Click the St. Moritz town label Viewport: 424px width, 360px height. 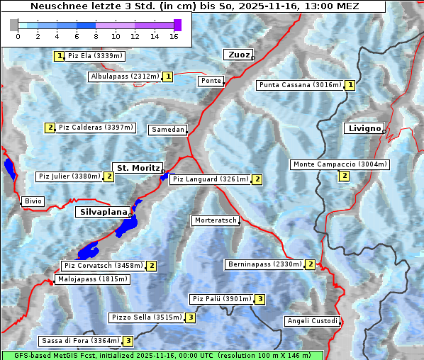pos(137,168)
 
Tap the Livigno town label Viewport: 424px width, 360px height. pos(364,128)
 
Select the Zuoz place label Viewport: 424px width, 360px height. pos(238,55)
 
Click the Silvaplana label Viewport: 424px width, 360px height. pos(103,212)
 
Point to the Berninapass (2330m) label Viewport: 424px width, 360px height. pos(264,264)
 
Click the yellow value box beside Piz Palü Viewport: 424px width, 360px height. pos(260,299)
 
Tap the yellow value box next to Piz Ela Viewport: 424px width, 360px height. pos(60,56)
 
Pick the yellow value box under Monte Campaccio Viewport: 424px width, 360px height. pos(345,176)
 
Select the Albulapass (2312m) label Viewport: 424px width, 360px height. pos(125,77)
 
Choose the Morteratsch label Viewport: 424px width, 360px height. pos(216,220)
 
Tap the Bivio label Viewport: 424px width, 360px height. pos(33,201)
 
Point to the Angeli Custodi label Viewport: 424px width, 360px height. pos(312,321)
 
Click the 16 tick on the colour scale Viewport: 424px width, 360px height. pos(173,36)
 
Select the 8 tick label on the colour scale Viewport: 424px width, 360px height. pos(96,36)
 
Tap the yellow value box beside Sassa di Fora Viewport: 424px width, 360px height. pos(128,341)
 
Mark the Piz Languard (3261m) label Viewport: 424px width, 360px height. pos(210,179)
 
